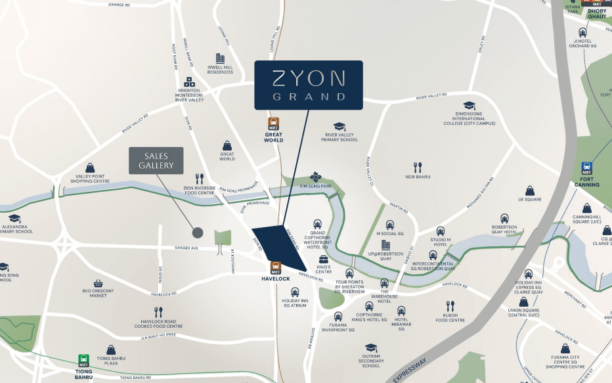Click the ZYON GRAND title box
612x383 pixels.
[309, 85]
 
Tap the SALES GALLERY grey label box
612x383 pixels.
[156, 161]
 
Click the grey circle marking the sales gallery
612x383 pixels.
[197, 233]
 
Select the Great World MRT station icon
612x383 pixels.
[273, 124]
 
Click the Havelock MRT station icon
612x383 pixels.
[276, 267]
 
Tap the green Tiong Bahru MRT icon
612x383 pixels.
[84, 360]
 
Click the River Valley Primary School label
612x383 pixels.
[339, 137]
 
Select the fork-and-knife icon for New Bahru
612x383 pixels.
[417, 168]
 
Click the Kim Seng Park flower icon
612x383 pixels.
[316, 177]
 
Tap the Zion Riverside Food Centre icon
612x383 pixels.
[200, 179]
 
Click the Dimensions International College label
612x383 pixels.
[469, 120]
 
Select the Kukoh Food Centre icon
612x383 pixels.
[450, 306]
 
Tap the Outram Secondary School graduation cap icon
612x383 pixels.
[371, 348]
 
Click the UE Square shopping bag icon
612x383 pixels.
[529, 190]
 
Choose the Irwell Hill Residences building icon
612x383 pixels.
[220, 58]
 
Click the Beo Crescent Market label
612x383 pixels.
[98, 293]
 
